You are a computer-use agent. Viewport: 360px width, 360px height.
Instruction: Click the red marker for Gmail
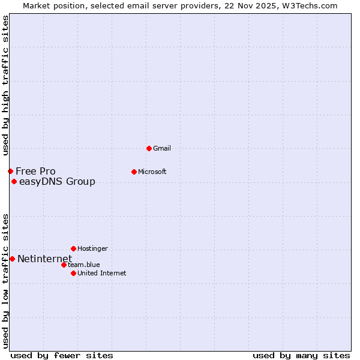pos(149,148)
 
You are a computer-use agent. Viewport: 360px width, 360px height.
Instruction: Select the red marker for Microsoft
pos(134,172)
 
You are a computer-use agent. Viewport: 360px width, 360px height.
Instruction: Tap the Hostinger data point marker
pos(73,248)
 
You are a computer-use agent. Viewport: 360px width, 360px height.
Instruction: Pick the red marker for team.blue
pos(64,265)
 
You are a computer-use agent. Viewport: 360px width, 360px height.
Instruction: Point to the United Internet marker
pos(73,273)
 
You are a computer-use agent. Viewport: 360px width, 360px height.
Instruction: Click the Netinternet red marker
pos(12,259)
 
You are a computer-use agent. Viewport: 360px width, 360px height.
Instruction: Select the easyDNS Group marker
pos(14,181)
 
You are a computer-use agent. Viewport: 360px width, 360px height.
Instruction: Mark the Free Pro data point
pos(10,171)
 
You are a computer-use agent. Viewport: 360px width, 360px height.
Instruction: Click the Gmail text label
pos(163,148)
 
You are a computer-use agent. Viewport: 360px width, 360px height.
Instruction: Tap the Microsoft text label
pos(152,172)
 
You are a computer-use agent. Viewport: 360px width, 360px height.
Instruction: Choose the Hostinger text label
pos(92,248)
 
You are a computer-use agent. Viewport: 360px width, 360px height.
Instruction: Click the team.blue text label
pos(84,265)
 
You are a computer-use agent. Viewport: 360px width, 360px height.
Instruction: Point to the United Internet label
pos(102,273)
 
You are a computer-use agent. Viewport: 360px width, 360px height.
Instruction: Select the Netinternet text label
pos(44,259)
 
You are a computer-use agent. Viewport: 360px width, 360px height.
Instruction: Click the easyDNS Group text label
pos(57,181)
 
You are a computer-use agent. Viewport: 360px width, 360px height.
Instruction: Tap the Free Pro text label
pos(35,171)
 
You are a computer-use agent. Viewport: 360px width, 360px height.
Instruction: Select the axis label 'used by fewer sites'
pos(62,355)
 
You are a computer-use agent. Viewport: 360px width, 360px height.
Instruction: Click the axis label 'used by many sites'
pos(301,355)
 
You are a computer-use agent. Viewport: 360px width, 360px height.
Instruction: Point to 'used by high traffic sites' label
pos(5,86)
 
